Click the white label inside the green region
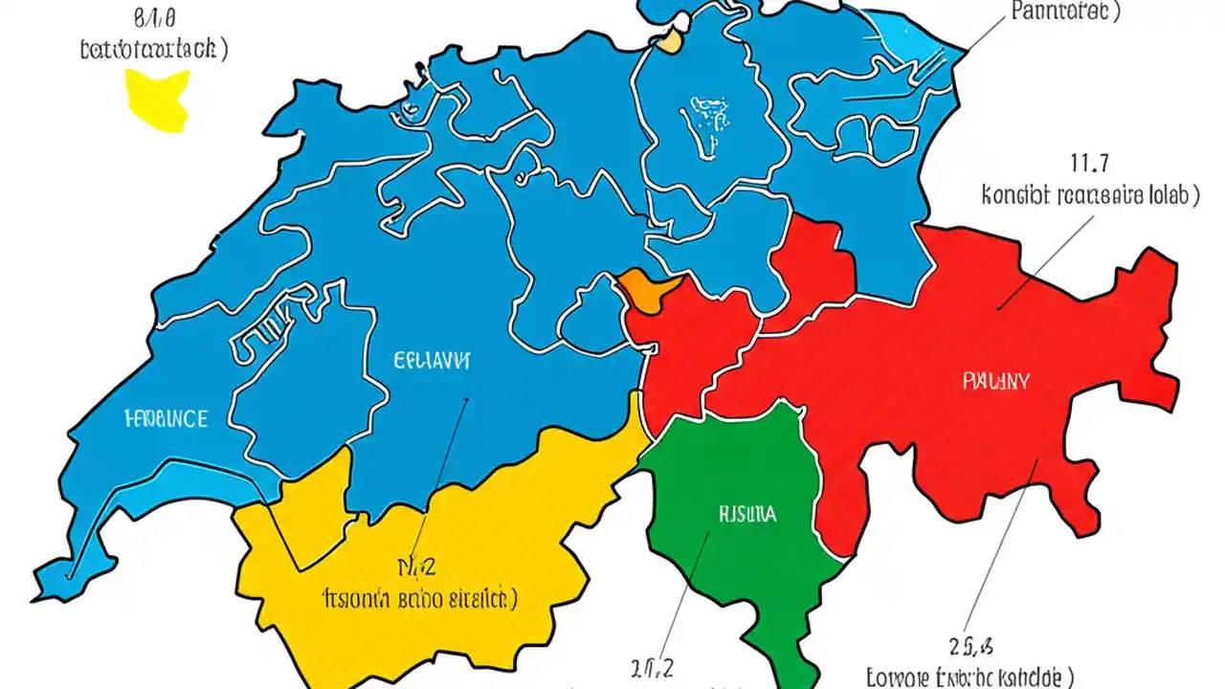pos(746,514)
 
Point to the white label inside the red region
pos(995,381)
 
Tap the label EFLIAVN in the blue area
pos(432,361)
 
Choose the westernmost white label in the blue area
pos(166,418)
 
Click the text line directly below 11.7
pos(1089,196)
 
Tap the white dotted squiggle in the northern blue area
pos(706,124)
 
